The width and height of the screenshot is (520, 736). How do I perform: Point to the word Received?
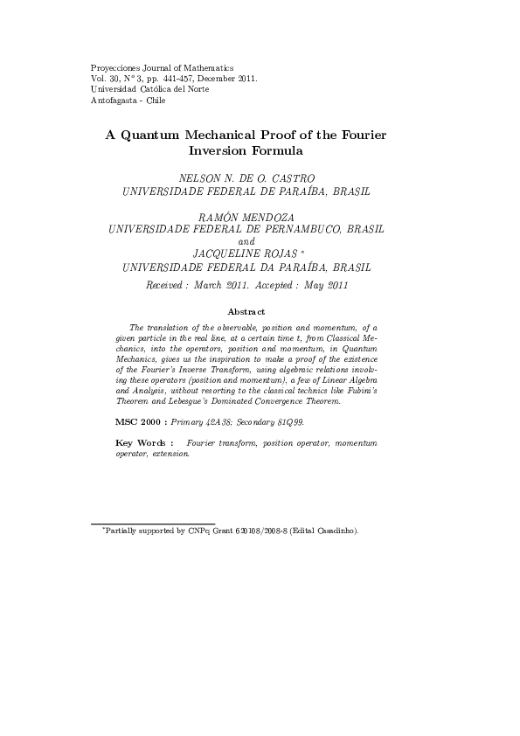pyautogui.click(x=166, y=286)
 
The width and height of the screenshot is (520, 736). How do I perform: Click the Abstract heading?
pyautogui.click(x=246, y=311)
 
